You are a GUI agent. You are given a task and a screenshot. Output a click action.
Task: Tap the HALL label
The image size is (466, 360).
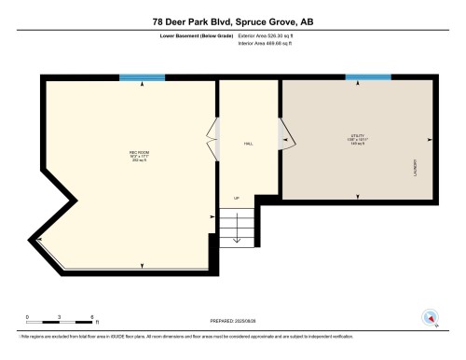click(248, 144)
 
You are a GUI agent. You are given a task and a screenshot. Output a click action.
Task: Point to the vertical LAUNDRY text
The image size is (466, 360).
click(415, 167)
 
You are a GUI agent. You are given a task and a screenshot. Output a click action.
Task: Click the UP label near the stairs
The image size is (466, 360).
click(236, 199)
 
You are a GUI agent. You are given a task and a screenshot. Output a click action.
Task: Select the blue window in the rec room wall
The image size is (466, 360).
click(142, 77)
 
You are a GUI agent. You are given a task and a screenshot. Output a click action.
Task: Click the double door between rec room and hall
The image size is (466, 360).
click(213, 140)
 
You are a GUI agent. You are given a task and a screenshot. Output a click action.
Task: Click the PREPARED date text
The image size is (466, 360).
click(232, 319)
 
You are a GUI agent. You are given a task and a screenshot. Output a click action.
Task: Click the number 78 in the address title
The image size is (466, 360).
click(159, 20)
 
